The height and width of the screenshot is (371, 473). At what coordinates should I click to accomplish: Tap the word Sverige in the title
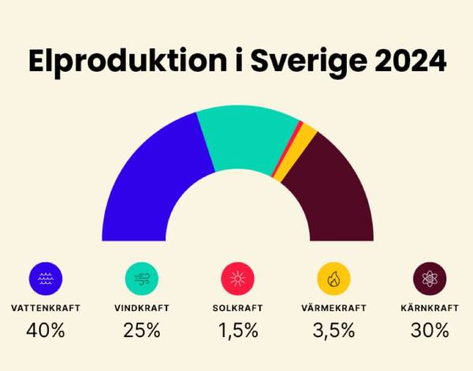coord(291,61)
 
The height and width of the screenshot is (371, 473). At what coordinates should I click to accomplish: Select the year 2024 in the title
coord(400,61)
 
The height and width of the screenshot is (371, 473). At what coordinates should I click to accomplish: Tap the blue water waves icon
coord(45,278)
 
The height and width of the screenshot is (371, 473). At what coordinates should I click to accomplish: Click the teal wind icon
coord(142,278)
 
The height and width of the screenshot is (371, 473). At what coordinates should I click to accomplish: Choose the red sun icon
coord(238,278)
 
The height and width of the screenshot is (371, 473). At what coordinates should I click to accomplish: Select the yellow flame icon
coord(333,278)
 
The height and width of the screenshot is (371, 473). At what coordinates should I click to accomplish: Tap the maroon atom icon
coord(430,278)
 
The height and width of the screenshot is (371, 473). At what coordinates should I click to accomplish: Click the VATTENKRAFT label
coord(46,308)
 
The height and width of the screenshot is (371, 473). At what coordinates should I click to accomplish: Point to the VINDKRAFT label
coord(142,308)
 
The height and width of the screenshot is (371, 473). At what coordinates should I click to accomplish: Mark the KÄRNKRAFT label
coord(430,308)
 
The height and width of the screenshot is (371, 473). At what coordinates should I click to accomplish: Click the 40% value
coord(46,330)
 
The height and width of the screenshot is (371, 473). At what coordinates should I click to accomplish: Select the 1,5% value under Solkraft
coord(238,330)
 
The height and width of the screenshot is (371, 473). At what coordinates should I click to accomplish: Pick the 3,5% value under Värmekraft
coord(333,330)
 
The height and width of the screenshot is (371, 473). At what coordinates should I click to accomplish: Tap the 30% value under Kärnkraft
coord(430,330)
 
